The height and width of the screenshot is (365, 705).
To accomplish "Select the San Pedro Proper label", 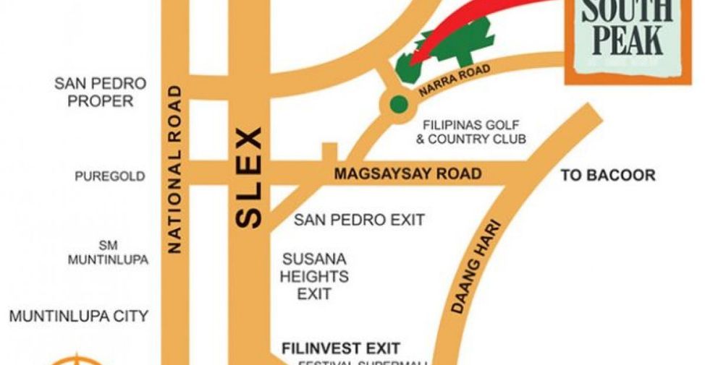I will (x=100, y=93).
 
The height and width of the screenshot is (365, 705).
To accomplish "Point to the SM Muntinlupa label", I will (x=108, y=253).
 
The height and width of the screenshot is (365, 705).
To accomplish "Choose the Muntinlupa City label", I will (x=78, y=316).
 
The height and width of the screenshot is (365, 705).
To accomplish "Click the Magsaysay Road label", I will (x=407, y=174).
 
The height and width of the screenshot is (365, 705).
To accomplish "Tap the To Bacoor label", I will (x=608, y=176).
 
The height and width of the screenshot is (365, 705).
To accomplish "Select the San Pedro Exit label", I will (x=359, y=220).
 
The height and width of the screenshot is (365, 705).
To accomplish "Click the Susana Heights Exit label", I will (x=315, y=276).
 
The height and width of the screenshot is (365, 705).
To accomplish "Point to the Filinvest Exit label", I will (x=341, y=348).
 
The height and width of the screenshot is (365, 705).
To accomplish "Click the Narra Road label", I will (x=455, y=81).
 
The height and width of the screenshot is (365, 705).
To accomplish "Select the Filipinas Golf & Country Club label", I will (x=470, y=132).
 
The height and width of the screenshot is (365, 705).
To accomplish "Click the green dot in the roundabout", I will (x=397, y=104).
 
